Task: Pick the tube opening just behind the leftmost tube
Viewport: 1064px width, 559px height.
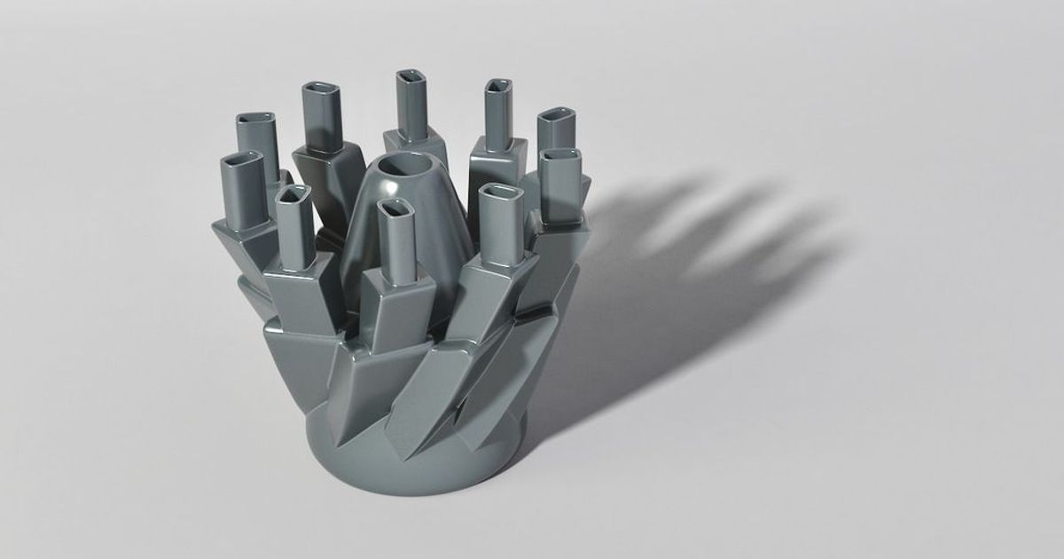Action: (257, 119)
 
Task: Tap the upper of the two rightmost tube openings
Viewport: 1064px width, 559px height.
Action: (557, 118)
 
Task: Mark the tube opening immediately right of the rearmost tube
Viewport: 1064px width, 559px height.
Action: (498, 86)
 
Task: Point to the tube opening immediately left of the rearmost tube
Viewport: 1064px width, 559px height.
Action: (317, 91)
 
